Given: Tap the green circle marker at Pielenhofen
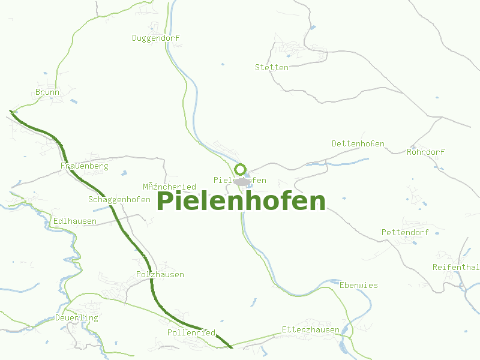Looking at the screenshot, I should [241, 169].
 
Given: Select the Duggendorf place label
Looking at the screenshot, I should [155, 38].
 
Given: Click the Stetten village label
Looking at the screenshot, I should [271, 67].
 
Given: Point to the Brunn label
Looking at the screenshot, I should [47, 92].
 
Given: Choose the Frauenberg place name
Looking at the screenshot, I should [84, 166].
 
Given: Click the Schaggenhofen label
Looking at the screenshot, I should [119, 199].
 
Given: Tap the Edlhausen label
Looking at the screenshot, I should [75, 221].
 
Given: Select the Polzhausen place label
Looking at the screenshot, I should [160, 274].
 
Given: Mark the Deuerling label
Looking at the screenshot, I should [76, 317].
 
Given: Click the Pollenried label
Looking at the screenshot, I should [191, 332].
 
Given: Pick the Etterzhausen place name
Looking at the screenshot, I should [310, 329].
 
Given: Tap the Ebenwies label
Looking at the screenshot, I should [358, 285].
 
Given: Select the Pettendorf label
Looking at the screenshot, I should [405, 232].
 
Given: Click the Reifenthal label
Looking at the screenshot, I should [455, 267].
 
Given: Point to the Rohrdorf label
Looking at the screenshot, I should [425, 152].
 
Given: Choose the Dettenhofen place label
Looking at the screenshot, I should [358, 143].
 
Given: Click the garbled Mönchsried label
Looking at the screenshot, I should [169, 187].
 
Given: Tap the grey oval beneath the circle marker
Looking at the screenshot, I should [241, 181].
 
